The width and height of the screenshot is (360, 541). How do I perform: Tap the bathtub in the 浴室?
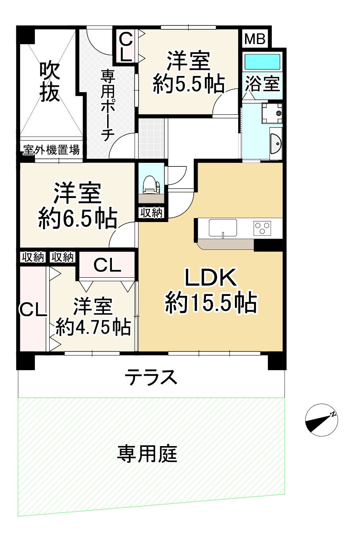(262, 62)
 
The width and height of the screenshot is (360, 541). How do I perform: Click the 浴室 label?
(262, 84)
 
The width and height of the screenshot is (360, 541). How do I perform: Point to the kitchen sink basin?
(223, 228)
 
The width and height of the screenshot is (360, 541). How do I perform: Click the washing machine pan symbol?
(273, 112)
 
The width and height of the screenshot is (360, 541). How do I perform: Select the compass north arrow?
(321, 419)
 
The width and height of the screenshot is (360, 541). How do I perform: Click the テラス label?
(151, 377)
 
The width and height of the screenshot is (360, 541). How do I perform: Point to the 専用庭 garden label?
(147, 454)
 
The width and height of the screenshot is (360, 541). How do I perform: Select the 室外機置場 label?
(51, 150)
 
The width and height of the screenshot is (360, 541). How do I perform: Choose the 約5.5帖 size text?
(189, 84)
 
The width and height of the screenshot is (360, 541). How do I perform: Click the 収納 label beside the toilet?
(151, 213)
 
